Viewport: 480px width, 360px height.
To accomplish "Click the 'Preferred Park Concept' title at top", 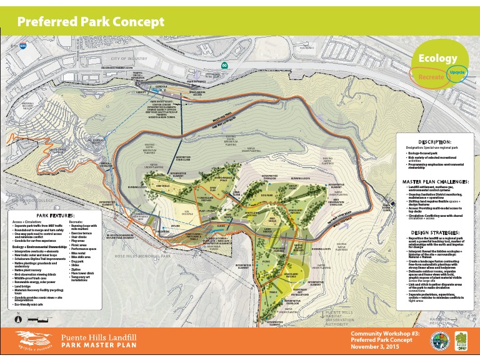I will [91, 22].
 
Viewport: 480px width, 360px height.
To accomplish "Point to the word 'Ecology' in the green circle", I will [437, 58].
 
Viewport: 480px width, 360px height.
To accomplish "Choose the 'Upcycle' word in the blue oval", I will [457, 72].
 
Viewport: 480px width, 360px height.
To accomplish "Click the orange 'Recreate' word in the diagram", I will [431, 76].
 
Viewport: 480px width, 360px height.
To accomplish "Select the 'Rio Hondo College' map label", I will [25, 202].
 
